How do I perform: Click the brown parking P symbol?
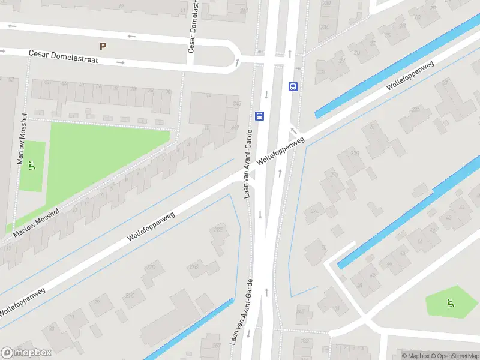103,46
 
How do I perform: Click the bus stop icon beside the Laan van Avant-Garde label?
260,116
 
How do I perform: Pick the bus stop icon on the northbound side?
293,86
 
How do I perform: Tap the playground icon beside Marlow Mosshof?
32,165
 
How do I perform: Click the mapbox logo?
26,353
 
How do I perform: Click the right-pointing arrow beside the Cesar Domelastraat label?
121,62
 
